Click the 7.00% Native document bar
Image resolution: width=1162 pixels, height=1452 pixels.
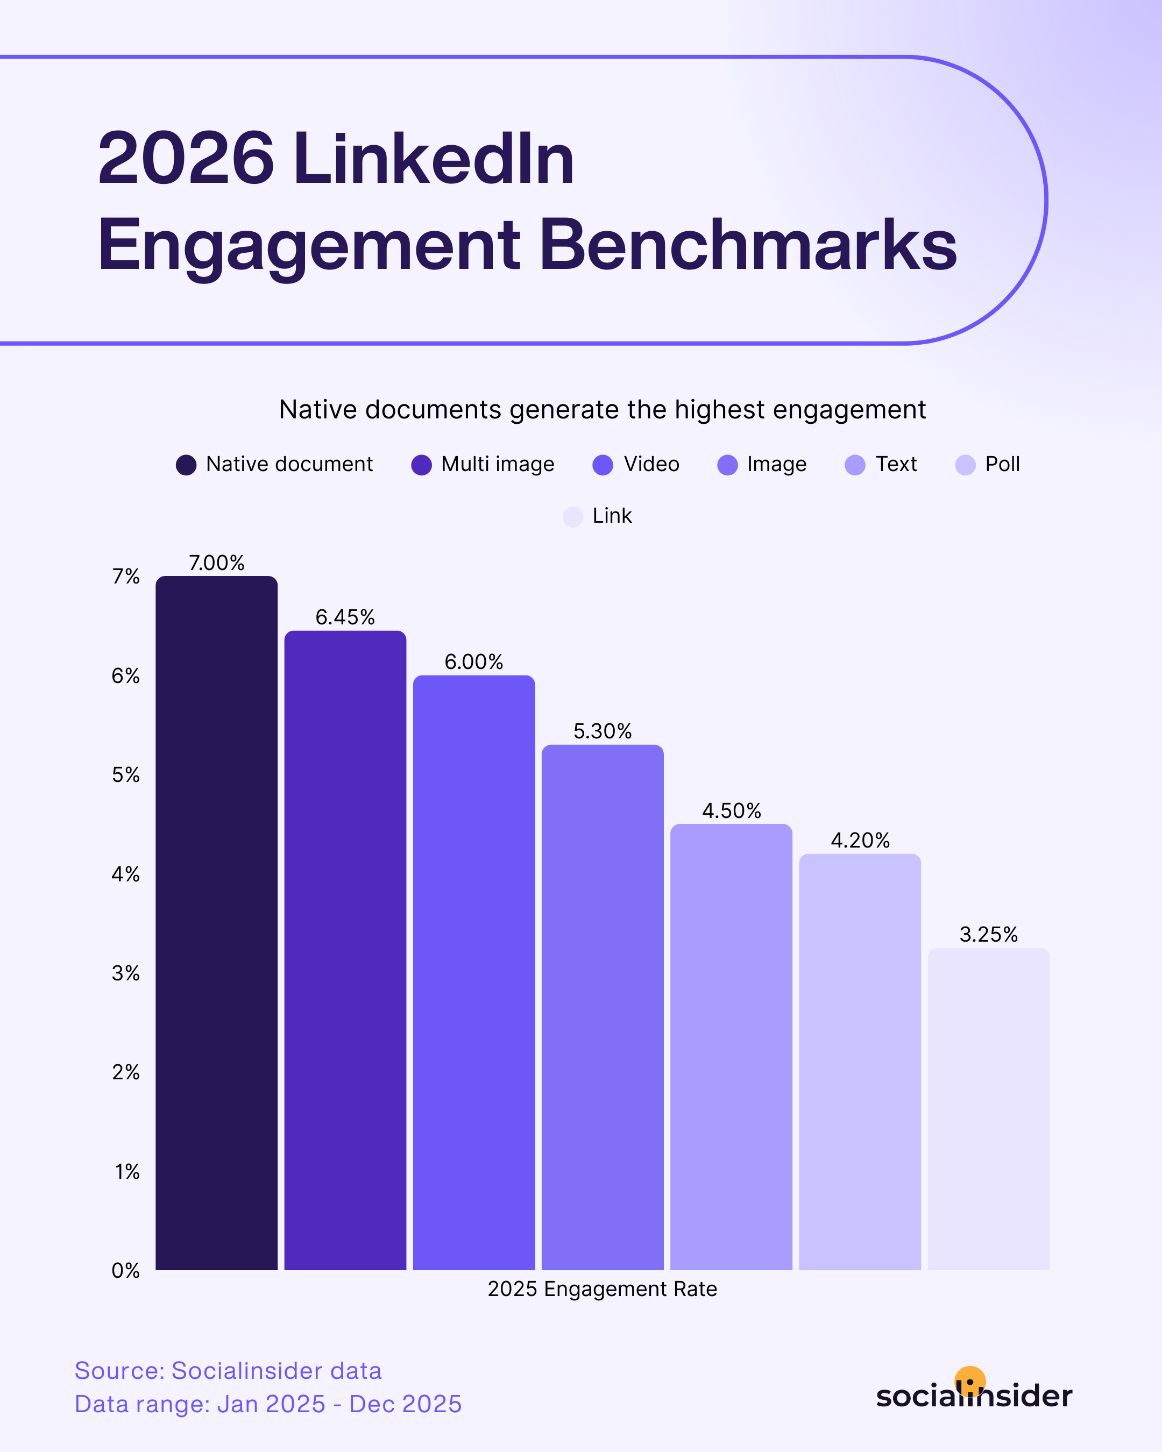pos(216,923)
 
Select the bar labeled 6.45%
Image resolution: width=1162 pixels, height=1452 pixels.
pos(345,950)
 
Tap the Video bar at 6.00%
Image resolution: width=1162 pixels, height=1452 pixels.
pos(473,973)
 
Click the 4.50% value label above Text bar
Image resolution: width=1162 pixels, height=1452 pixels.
pos(731,810)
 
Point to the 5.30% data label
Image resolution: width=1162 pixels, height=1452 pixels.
pos(602,731)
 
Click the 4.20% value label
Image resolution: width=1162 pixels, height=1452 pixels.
pos(860,841)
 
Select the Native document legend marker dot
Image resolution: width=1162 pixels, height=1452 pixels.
pos(186,465)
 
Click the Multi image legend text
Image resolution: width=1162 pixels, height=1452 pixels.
pos(497,464)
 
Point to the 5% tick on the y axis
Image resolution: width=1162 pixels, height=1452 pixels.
pos(126,774)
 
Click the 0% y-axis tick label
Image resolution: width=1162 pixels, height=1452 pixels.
pos(126,1270)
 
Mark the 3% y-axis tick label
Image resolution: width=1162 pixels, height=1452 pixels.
pos(126,973)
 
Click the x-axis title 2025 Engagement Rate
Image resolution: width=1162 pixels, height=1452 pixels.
pos(602,1289)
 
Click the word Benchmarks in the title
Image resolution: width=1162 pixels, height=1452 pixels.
pos(748,245)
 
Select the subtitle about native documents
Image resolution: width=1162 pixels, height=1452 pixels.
pos(602,409)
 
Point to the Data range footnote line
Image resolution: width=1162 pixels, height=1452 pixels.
pos(268,1404)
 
